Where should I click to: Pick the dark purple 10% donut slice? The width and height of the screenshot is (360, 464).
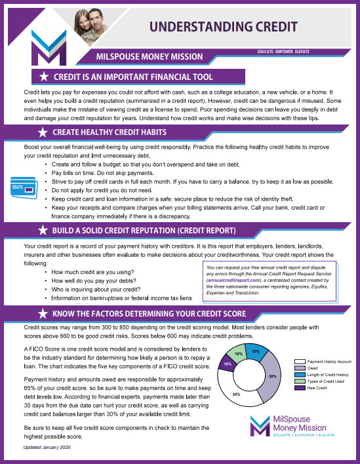coord(227,364)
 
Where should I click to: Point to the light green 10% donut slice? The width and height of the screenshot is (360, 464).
coord(239,355)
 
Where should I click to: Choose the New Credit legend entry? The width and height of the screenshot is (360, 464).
coord(311,387)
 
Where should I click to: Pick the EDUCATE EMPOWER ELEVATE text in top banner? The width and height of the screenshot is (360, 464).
coord(284,50)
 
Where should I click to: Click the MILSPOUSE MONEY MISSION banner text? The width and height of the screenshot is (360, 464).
coord(154,56)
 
